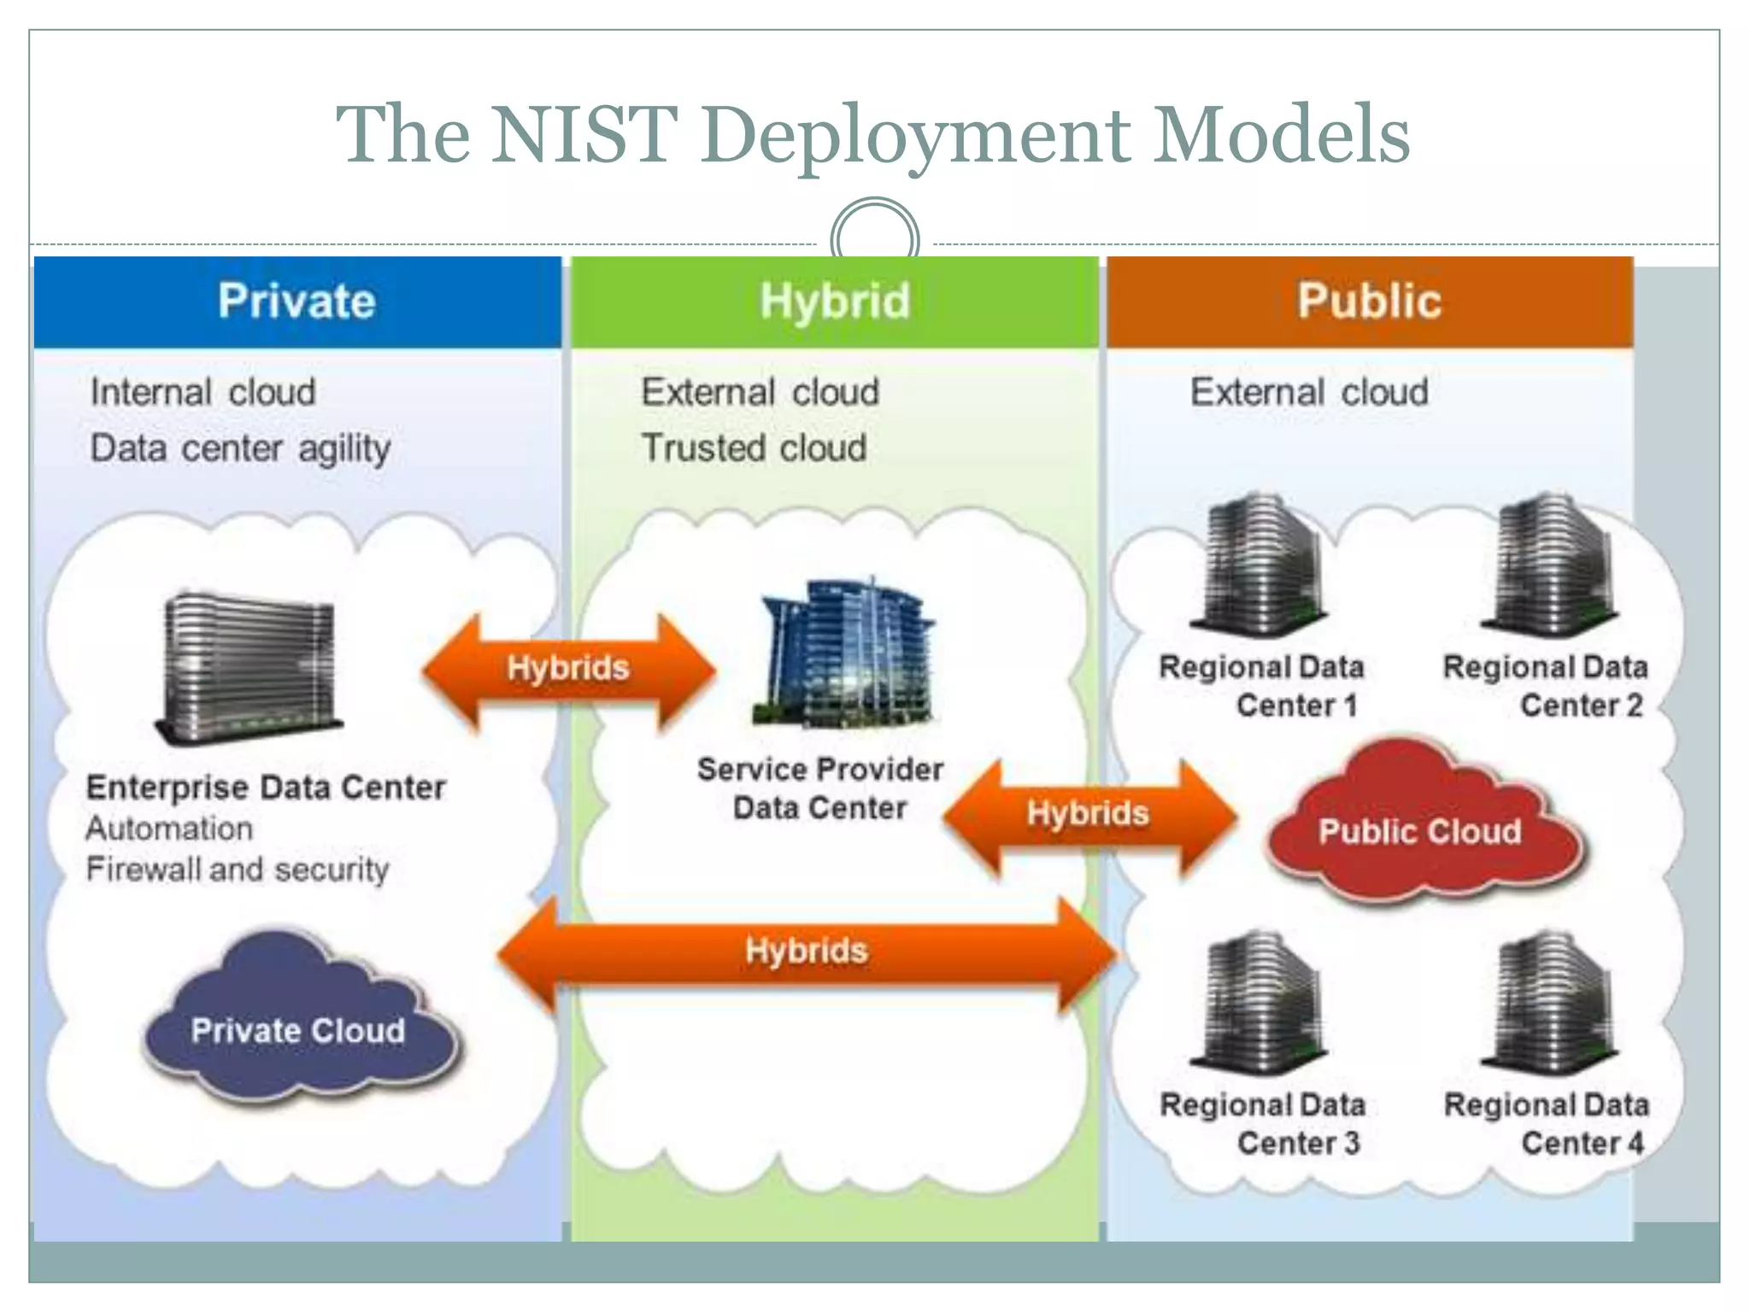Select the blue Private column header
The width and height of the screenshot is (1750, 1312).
(297, 302)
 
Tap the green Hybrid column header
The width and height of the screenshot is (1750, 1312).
(835, 302)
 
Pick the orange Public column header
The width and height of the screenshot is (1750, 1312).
(1370, 302)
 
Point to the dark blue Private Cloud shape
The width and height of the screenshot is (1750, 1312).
(298, 1025)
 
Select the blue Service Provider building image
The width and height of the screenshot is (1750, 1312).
(844, 654)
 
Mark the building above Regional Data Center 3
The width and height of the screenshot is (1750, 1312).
(1262, 1004)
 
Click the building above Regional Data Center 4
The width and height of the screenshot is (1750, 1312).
(1552, 1004)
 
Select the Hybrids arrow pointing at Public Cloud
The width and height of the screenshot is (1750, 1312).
(1089, 816)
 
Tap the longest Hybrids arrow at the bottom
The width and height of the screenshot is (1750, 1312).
(806, 952)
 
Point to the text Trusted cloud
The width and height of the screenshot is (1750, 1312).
(754, 448)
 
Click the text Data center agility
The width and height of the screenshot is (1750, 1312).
(240, 448)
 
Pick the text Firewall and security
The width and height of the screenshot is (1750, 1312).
(238, 870)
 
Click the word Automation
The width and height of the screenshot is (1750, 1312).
(169, 829)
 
